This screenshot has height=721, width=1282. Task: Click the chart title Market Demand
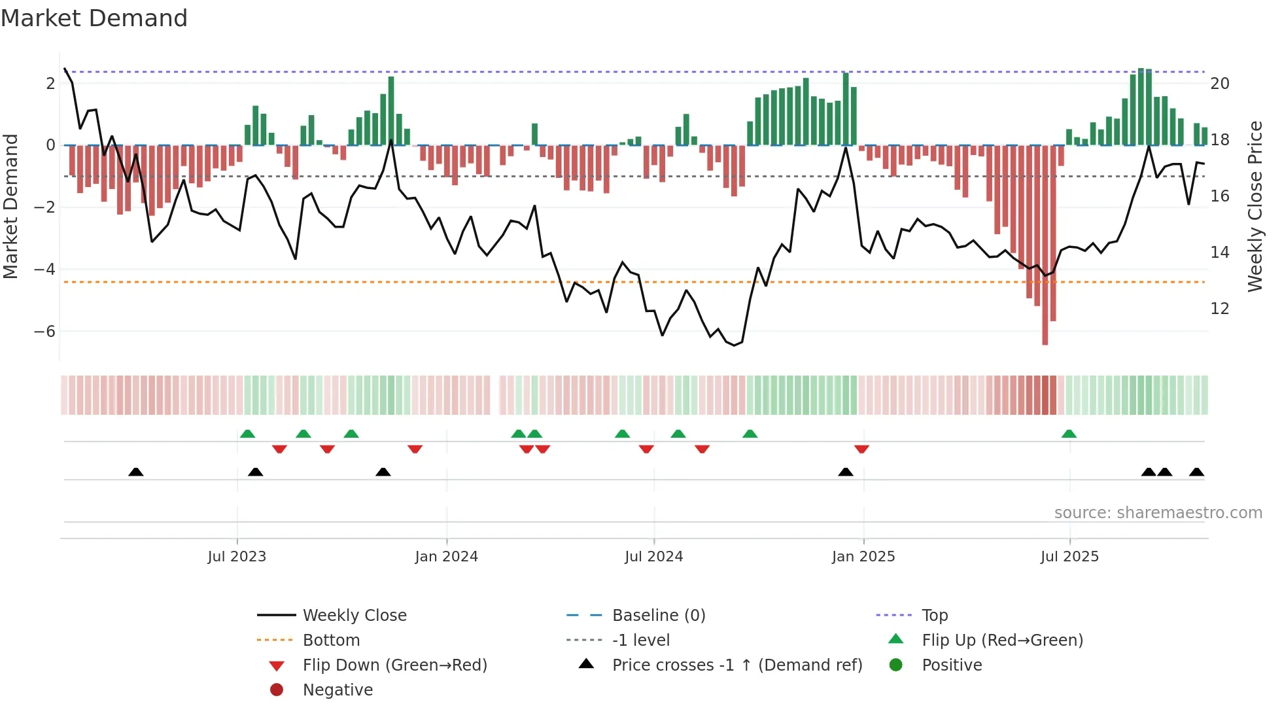[94, 18]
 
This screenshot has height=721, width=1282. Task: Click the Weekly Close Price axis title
[1255, 206]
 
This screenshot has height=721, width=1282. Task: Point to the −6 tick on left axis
[44, 332]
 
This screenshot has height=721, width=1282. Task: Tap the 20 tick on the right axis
[1219, 84]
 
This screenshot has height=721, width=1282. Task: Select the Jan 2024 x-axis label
[446, 557]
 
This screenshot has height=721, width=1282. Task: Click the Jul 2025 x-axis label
[1069, 557]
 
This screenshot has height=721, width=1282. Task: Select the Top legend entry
[934, 616]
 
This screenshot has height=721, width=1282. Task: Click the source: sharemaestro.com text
[1158, 513]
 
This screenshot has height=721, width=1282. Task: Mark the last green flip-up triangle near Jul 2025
[1069, 434]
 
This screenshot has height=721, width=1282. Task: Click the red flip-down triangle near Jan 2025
[861, 449]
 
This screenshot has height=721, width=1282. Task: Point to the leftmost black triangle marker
[135, 472]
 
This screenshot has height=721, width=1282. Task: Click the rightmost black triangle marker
[1196, 472]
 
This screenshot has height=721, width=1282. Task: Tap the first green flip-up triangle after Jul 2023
[247, 434]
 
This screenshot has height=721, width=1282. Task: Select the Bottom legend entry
[331, 641]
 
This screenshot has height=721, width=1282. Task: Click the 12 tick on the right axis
[1219, 309]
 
